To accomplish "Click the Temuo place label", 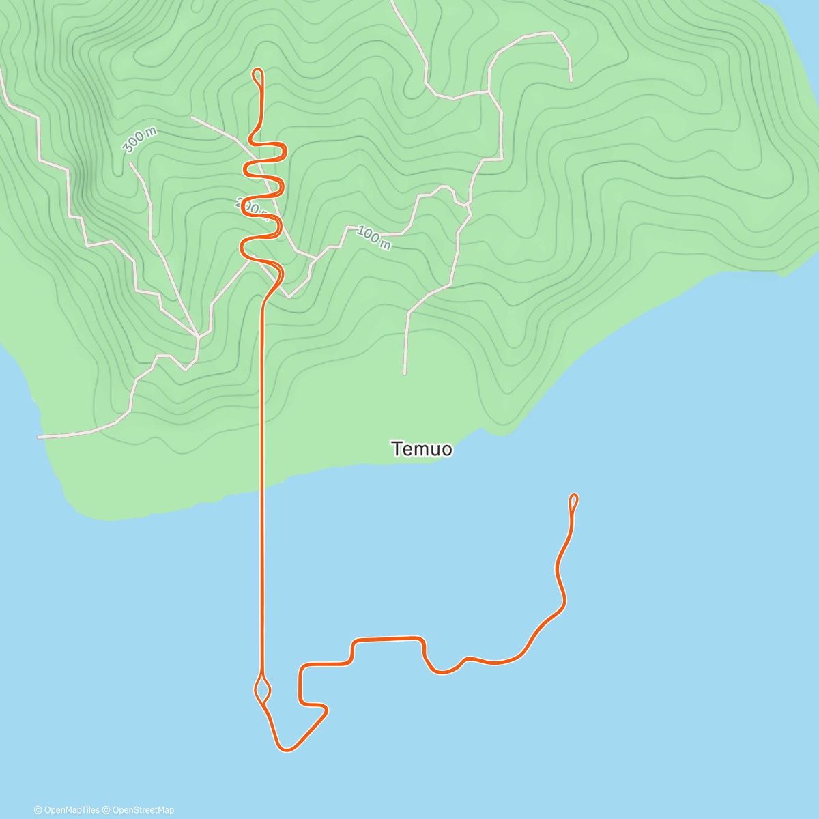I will [x=422, y=449].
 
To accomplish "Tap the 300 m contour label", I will [x=139, y=140].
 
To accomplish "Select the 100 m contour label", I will [x=373, y=238].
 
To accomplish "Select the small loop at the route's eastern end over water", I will [x=573, y=502].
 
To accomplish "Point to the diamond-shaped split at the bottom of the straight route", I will [x=263, y=689].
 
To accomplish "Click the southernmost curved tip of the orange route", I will [x=286, y=750].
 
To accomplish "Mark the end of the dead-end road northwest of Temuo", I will [x=405, y=373].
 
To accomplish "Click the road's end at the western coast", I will [x=39, y=437].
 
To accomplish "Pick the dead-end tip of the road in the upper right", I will [x=571, y=81].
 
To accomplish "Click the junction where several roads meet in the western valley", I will [x=198, y=336].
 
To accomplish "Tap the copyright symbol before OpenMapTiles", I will [x=38, y=810].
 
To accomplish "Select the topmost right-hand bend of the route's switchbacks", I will [x=284, y=150].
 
